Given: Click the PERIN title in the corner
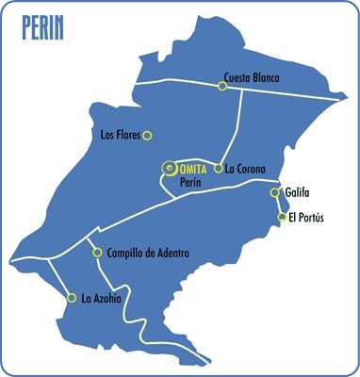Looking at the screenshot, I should point(42,28).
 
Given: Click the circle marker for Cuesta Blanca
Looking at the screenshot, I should point(222,86).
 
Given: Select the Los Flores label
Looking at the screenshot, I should point(121,135).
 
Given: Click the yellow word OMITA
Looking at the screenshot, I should point(193,168).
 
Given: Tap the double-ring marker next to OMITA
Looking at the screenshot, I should point(169,169).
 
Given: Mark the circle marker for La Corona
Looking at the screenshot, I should point(219,169).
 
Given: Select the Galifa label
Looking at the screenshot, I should point(297,191).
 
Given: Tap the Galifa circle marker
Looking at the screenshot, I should point(275,192).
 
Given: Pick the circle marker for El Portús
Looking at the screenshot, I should point(282,218).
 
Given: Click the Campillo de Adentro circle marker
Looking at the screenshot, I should point(97,253).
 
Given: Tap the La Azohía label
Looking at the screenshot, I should point(102,299).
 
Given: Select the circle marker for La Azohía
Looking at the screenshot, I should point(72,298).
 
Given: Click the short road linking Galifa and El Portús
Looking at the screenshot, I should point(279,205).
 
